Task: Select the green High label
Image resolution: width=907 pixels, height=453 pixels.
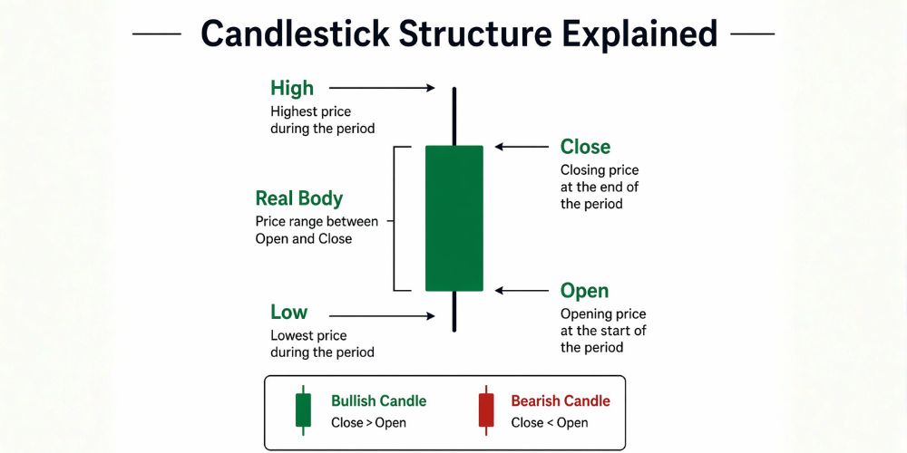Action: tap(292, 88)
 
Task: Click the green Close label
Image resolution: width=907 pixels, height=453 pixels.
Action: tap(585, 147)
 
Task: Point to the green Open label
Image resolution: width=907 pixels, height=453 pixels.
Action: tap(584, 291)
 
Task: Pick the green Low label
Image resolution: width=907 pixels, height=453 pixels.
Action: tap(288, 313)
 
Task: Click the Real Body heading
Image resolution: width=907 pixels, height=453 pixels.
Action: tap(299, 198)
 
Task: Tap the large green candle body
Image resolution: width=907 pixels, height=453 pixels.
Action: tap(453, 217)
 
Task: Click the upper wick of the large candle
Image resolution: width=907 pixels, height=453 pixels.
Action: tap(453, 116)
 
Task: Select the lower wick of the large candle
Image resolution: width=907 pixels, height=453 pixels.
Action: tap(453, 311)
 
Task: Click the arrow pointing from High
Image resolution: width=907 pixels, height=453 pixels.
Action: tap(382, 88)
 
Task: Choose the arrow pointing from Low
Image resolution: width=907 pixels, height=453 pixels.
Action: tap(382, 316)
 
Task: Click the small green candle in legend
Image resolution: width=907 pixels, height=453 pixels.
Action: tap(304, 410)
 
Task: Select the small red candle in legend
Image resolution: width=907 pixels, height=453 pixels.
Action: tap(486, 410)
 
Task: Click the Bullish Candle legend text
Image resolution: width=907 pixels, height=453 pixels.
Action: tap(378, 400)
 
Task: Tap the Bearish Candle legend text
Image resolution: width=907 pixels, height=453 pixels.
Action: tap(561, 400)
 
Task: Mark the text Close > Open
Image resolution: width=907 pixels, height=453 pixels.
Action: tap(368, 422)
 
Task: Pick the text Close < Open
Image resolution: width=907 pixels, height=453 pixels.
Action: tap(549, 422)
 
